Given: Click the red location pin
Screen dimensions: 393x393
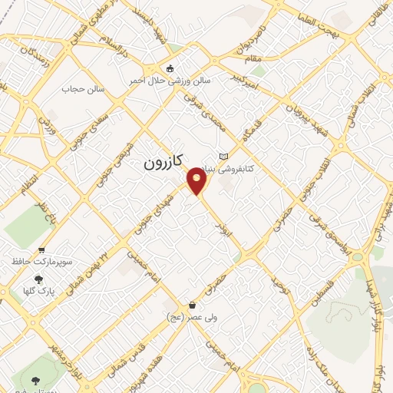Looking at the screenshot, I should point(198,180).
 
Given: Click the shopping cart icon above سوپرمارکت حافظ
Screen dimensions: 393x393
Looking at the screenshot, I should point(41,250).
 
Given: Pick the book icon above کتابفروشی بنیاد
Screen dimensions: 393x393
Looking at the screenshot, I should point(224,157).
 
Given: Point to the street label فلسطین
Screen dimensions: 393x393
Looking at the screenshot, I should point(319,297).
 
